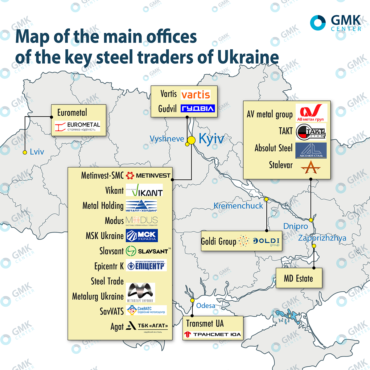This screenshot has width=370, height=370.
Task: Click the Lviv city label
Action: coord(37,152)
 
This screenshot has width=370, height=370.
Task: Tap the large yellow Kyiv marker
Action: coord(191,140)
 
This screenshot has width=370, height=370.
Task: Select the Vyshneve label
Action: coord(167,139)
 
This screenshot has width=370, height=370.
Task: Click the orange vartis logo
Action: coord(195,95)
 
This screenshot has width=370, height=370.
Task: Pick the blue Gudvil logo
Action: coord(198,109)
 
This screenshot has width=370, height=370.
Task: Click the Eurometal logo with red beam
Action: coord(77,126)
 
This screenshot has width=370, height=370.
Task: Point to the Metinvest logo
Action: coord(148,175)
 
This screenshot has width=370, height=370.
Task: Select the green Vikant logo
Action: coord(144,190)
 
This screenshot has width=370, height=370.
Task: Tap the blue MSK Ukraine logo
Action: coord(142,236)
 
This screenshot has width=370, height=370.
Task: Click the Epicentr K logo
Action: coord(146,265)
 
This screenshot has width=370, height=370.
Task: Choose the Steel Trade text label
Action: coord(107,281)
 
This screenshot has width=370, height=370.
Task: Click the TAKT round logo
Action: coord(311,132)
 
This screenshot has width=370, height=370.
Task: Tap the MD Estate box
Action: coord(299,278)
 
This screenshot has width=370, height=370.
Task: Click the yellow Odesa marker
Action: coord(192,300)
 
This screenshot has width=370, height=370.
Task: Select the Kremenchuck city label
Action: coord(238,206)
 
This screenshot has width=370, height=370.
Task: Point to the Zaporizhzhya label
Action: coord(322,238)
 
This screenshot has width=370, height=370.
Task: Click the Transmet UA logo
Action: coord(212,334)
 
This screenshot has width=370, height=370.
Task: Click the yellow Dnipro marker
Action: coord(311,220)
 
